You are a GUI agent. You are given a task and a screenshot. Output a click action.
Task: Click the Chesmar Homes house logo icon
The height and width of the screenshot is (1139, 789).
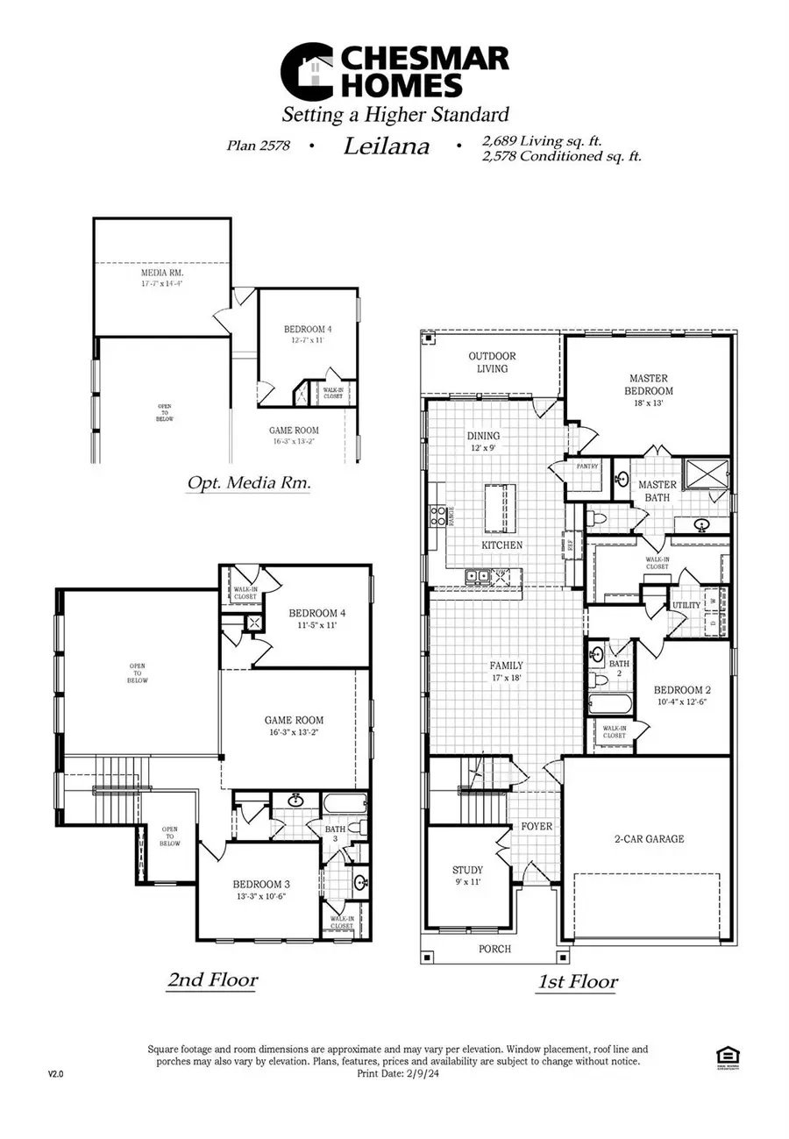(306, 72)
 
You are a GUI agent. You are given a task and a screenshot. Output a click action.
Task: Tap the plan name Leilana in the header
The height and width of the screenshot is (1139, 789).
(386, 146)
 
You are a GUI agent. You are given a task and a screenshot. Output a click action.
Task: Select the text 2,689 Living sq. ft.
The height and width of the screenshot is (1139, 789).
(542, 140)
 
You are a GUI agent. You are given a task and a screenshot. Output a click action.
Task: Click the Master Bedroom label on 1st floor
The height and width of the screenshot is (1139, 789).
(649, 384)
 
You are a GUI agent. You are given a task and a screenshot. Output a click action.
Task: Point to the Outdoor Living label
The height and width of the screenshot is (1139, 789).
(492, 362)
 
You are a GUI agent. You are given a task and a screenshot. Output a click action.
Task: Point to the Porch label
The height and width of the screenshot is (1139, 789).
(494, 949)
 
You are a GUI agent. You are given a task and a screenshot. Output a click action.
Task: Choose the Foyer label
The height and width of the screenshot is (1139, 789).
(536, 826)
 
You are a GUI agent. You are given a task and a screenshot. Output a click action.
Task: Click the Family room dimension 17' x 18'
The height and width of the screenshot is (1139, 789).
(506, 680)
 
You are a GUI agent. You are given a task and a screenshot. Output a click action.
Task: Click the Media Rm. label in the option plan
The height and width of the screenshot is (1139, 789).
(162, 273)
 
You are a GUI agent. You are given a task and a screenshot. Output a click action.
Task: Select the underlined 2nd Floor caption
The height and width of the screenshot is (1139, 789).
(212, 979)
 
